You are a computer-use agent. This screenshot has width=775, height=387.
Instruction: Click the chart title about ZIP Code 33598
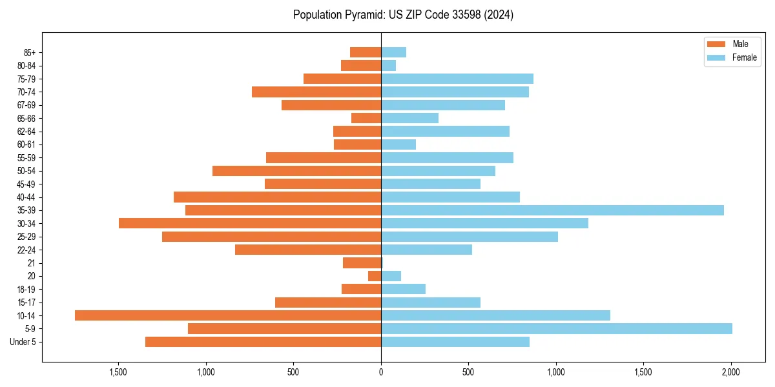point(403,15)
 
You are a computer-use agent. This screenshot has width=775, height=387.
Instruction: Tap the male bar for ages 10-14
point(228,315)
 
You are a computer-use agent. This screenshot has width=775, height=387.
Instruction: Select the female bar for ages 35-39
point(552,210)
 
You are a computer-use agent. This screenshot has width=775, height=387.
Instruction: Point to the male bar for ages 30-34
point(250,223)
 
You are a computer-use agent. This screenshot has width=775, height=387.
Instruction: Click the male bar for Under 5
point(263,342)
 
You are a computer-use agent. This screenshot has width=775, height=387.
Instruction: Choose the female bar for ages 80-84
point(388,65)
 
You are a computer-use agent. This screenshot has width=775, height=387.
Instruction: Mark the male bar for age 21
point(362,263)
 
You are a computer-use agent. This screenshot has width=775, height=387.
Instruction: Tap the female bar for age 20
point(391,276)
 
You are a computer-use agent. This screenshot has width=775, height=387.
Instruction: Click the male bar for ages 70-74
point(316,92)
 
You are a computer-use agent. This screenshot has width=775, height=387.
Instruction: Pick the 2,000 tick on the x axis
point(731,372)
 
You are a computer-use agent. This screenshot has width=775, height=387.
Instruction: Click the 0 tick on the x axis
point(381,372)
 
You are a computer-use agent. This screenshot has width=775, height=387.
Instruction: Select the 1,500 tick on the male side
point(118,372)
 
